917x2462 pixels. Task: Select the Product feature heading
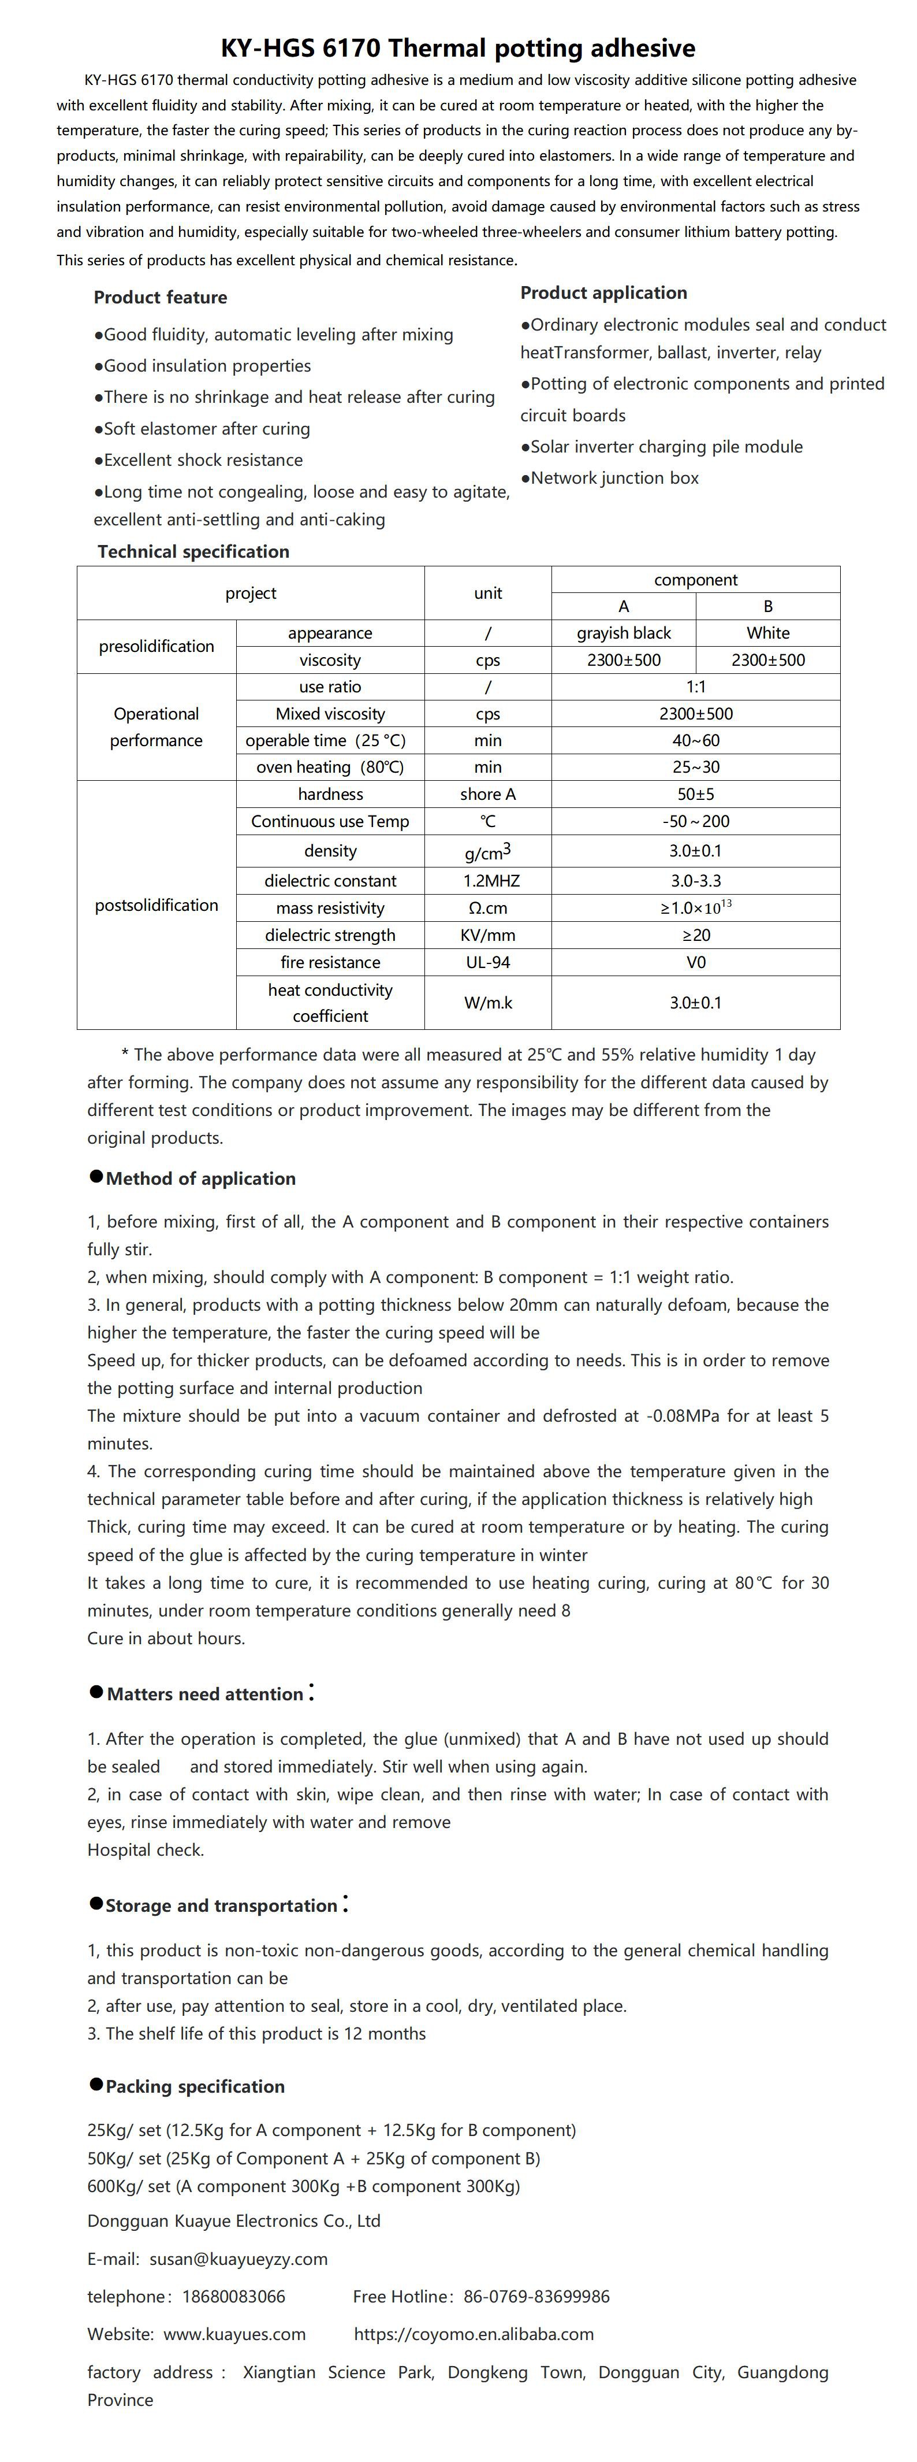point(161,297)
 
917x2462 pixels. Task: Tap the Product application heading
point(603,292)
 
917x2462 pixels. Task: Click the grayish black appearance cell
point(623,633)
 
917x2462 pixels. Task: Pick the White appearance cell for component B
point(768,633)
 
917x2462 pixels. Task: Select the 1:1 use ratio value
point(695,686)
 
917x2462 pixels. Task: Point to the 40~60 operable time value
point(695,740)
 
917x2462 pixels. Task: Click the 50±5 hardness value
point(695,794)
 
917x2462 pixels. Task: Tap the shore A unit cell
point(487,794)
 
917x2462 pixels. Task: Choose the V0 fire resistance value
point(695,962)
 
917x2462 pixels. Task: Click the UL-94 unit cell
point(487,962)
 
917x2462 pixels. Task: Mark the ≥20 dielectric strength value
point(695,935)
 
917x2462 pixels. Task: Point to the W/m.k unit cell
point(487,1003)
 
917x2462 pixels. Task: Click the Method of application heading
point(200,1178)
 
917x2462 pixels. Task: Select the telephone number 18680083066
point(233,2296)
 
